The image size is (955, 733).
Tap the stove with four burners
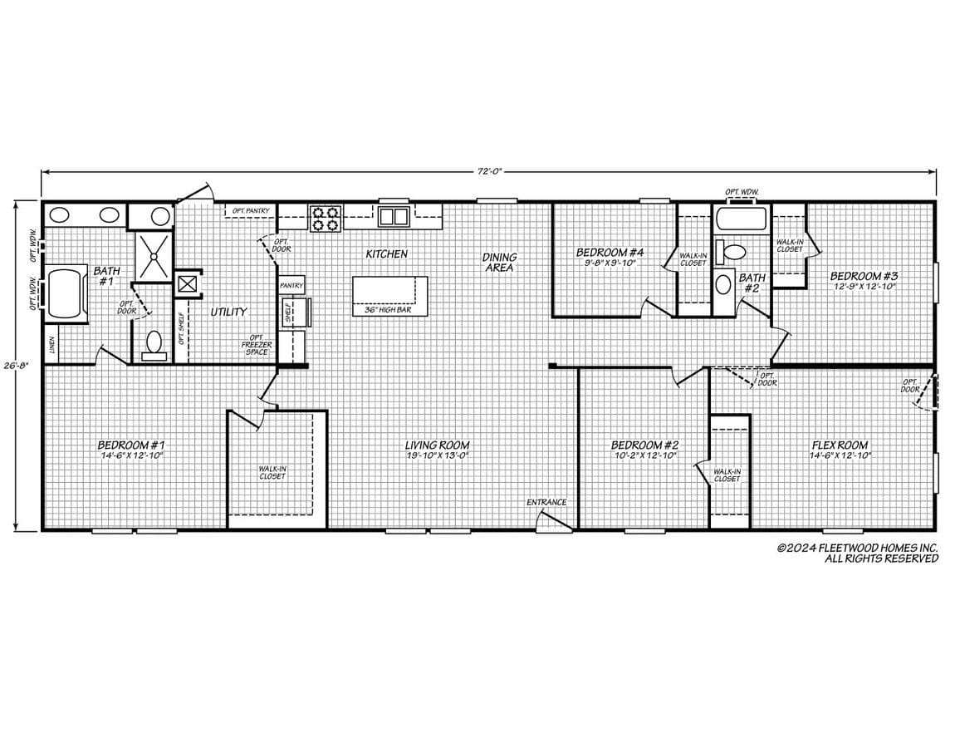point(326,218)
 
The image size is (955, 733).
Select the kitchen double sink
point(394,217)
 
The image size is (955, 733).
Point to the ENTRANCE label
point(546,502)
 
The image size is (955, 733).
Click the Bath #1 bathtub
point(66,292)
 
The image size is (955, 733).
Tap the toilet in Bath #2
point(733,251)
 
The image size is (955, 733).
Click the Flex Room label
point(840,445)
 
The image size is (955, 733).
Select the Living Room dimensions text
point(437,455)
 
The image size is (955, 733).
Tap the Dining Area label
point(499,263)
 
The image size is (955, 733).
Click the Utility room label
point(228,312)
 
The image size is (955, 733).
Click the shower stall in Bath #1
point(154,258)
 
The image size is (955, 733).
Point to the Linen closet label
point(51,345)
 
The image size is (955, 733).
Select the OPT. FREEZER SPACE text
point(256,344)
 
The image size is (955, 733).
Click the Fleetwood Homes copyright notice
point(857,553)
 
